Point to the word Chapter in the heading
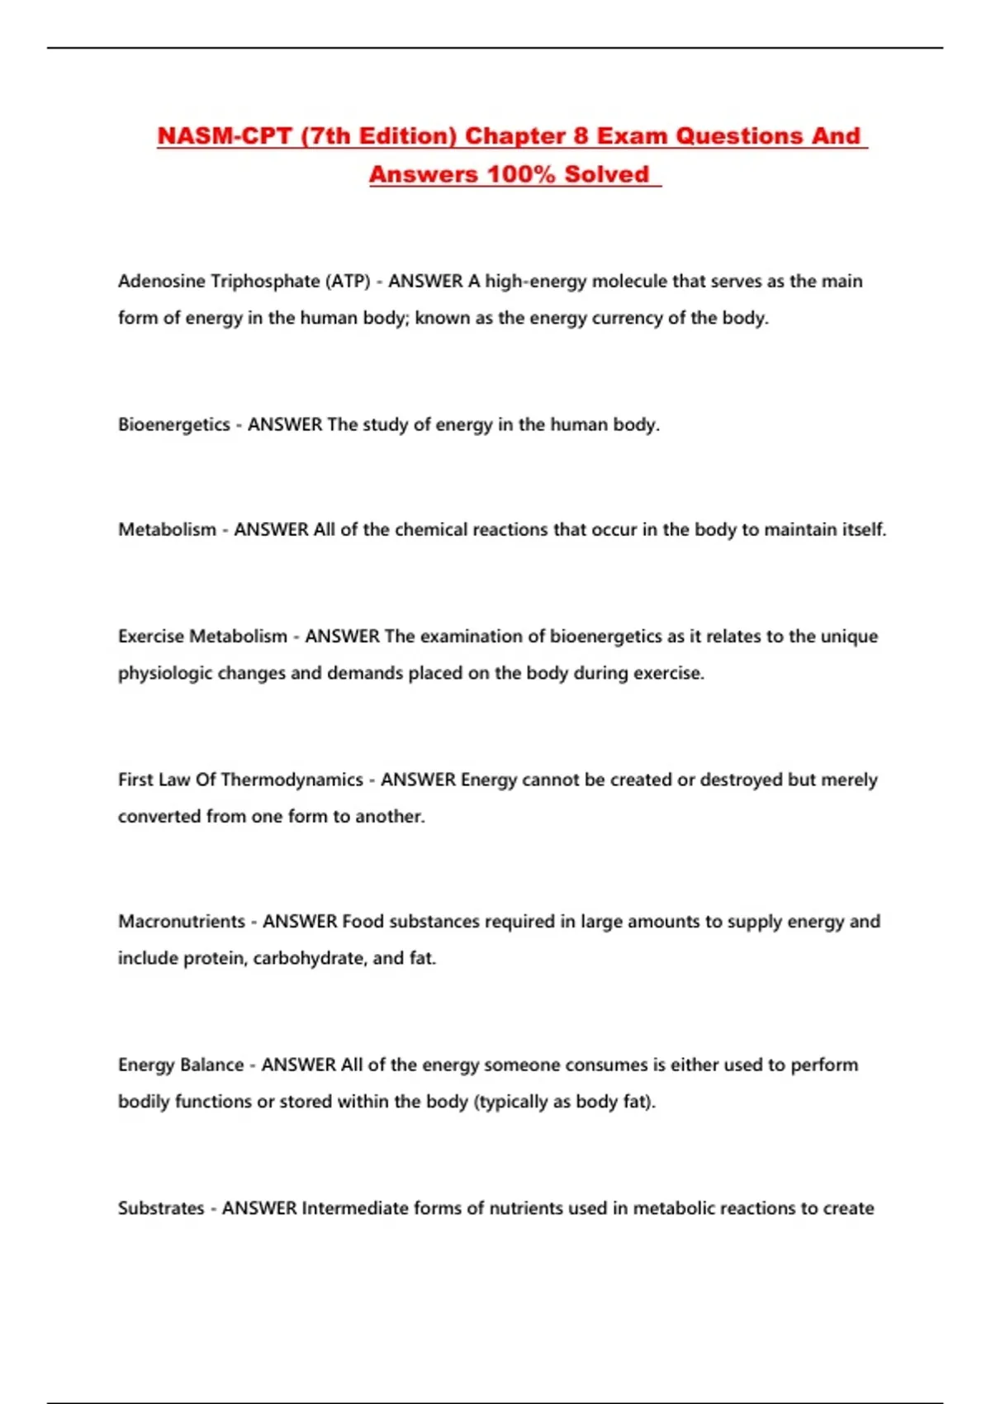(x=514, y=136)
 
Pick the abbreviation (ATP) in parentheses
(x=349, y=282)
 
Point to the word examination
(x=471, y=637)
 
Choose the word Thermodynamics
(x=292, y=780)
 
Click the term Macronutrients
(x=182, y=922)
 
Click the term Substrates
(x=161, y=1208)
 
